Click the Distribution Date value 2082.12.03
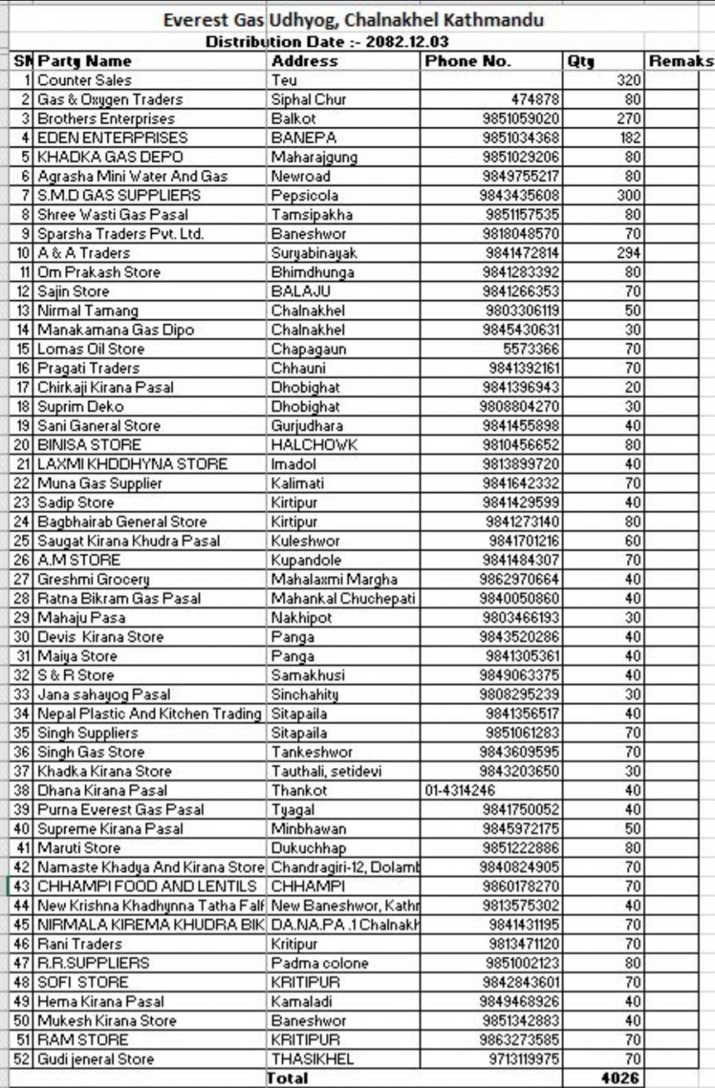[x=407, y=42]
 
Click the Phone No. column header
[x=468, y=61]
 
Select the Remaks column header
[x=680, y=61]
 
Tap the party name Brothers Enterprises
[x=106, y=118]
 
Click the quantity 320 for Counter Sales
[x=628, y=80]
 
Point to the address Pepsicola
[x=305, y=195]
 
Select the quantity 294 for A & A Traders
[x=628, y=253]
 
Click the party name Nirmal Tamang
[x=88, y=310]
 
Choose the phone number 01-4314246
[x=460, y=790]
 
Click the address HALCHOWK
[x=314, y=445]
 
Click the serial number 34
[x=22, y=713]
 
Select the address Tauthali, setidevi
[x=326, y=771]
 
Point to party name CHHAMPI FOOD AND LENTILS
[x=147, y=886]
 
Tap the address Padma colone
[x=320, y=963]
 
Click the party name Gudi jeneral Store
[x=96, y=1059]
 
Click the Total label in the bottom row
[x=287, y=1078]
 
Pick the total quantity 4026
[x=620, y=1078]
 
